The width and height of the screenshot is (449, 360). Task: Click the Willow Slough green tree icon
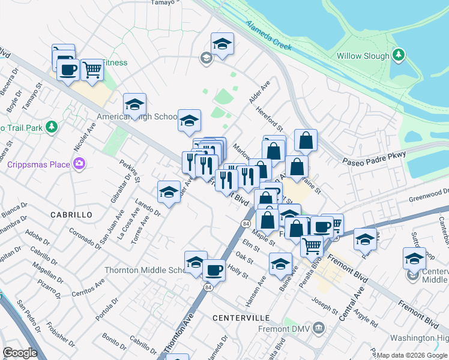pos(397,56)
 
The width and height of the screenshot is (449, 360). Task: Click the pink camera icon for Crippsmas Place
pos(79,163)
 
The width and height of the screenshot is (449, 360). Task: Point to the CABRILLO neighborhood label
pos(71,214)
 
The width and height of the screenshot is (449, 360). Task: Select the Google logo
pos(20,353)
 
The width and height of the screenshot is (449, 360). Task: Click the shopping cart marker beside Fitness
pos(91,70)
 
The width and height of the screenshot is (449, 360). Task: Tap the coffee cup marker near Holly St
pos(214,269)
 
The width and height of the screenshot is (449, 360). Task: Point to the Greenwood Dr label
pos(429,194)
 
